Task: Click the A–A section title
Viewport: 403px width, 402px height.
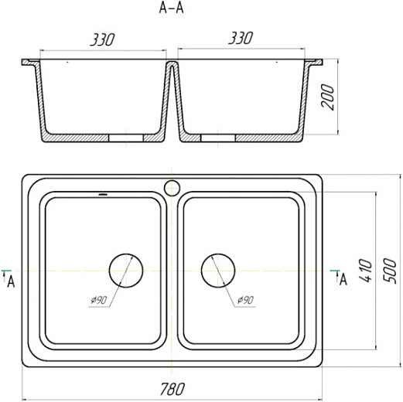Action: (x=171, y=9)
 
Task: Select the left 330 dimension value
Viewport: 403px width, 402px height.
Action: (x=102, y=39)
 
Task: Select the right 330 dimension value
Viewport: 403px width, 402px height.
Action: (x=241, y=38)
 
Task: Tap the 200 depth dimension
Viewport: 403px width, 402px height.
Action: (x=327, y=97)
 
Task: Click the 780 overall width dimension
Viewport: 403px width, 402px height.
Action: (x=172, y=389)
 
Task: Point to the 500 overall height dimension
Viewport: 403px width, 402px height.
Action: (x=389, y=271)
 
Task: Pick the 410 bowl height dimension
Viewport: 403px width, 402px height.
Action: (x=366, y=271)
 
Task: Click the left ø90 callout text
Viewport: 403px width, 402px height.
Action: (x=98, y=300)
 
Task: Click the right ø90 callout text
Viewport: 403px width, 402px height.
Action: (x=245, y=300)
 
